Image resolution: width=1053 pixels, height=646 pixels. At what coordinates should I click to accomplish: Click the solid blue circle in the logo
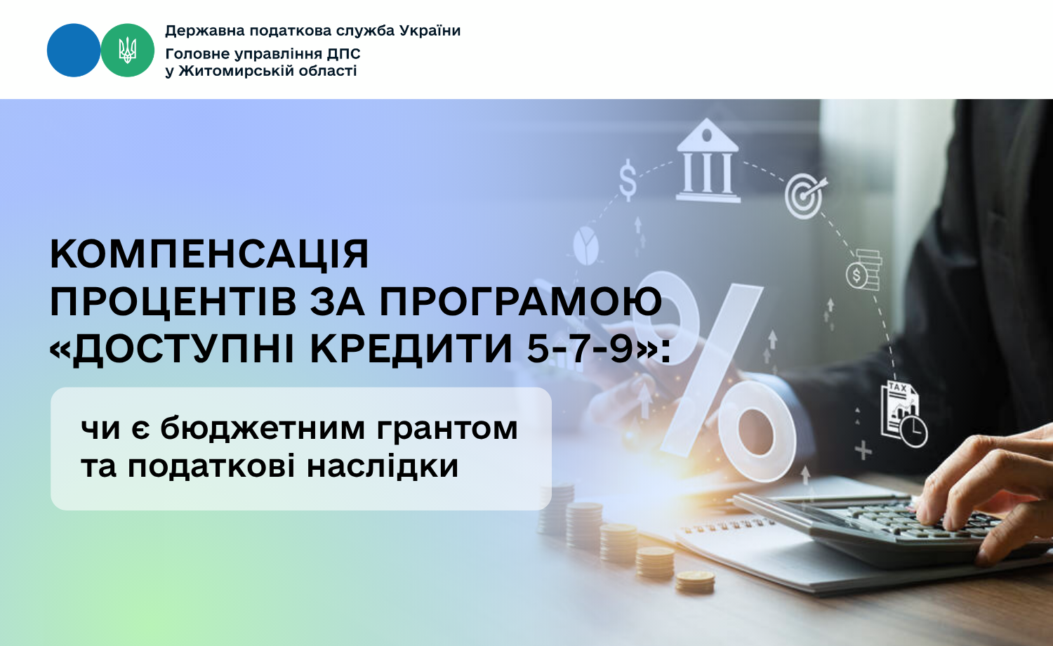pyautogui.click(x=74, y=51)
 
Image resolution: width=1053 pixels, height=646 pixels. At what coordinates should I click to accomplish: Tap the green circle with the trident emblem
pyautogui.click(x=127, y=51)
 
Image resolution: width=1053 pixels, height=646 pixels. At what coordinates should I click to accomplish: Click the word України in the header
pyautogui.click(x=430, y=31)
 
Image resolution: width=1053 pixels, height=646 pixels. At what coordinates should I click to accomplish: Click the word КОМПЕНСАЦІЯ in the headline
pyautogui.click(x=209, y=254)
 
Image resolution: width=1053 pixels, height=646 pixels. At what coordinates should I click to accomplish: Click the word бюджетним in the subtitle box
pyautogui.click(x=263, y=428)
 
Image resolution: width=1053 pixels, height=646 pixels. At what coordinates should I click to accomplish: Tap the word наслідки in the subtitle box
pyautogui.click(x=383, y=466)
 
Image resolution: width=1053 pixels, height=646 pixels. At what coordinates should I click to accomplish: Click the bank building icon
pyautogui.click(x=708, y=160)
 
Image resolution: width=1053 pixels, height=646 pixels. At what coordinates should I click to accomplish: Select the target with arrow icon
pyautogui.click(x=806, y=196)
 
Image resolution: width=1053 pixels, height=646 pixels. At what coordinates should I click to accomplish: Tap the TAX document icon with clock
pyautogui.click(x=903, y=414)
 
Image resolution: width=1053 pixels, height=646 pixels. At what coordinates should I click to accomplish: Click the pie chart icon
pyautogui.click(x=585, y=246)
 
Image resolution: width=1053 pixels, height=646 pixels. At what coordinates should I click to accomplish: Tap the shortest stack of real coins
pyautogui.click(x=695, y=581)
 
